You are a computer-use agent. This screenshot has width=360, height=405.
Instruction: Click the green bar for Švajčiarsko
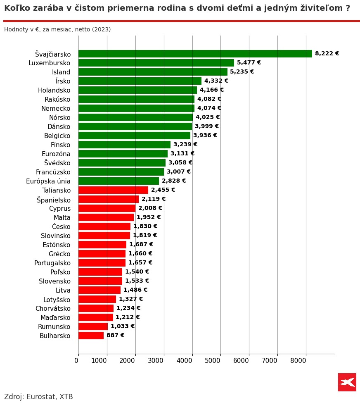point(195,54)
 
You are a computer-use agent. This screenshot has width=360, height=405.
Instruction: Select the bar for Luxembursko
point(156,63)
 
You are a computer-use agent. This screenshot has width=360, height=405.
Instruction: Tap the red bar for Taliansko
point(113,190)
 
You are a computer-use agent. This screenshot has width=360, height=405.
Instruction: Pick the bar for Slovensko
point(100,281)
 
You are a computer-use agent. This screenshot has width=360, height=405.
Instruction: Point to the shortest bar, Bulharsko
point(91,336)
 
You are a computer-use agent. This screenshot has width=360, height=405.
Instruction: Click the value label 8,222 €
point(327,54)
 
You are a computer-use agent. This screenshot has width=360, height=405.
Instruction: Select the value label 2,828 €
point(174,181)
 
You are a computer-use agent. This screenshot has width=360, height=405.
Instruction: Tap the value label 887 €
point(115,336)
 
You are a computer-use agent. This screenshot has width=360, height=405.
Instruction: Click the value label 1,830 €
point(145,226)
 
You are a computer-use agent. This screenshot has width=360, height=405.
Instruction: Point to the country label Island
point(61,72)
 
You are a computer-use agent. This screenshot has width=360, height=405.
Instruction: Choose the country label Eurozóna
point(56,154)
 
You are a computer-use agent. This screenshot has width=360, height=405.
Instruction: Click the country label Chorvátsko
point(53,309)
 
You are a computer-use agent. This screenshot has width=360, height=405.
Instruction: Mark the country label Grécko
point(59,254)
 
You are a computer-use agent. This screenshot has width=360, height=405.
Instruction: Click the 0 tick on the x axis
point(76,361)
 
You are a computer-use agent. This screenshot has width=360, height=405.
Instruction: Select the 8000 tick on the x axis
point(298,361)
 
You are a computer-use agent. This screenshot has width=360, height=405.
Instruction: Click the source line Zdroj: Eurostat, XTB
point(38,397)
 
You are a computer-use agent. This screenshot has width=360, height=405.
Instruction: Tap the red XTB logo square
point(347,382)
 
